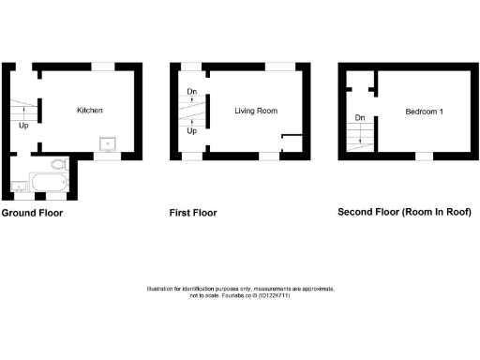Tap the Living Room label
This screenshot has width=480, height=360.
click(x=255, y=111)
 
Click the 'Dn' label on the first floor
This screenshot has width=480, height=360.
click(x=191, y=91)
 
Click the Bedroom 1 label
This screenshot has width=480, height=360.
click(x=425, y=111)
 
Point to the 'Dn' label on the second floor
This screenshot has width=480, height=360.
click(x=359, y=118)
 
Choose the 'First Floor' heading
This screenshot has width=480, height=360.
click(x=193, y=213)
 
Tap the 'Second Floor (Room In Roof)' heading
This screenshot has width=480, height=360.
click(x=404, y=213)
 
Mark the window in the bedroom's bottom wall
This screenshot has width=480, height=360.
click(x=424, y=156)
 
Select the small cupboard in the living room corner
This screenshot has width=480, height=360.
click(x=292, y=143)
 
